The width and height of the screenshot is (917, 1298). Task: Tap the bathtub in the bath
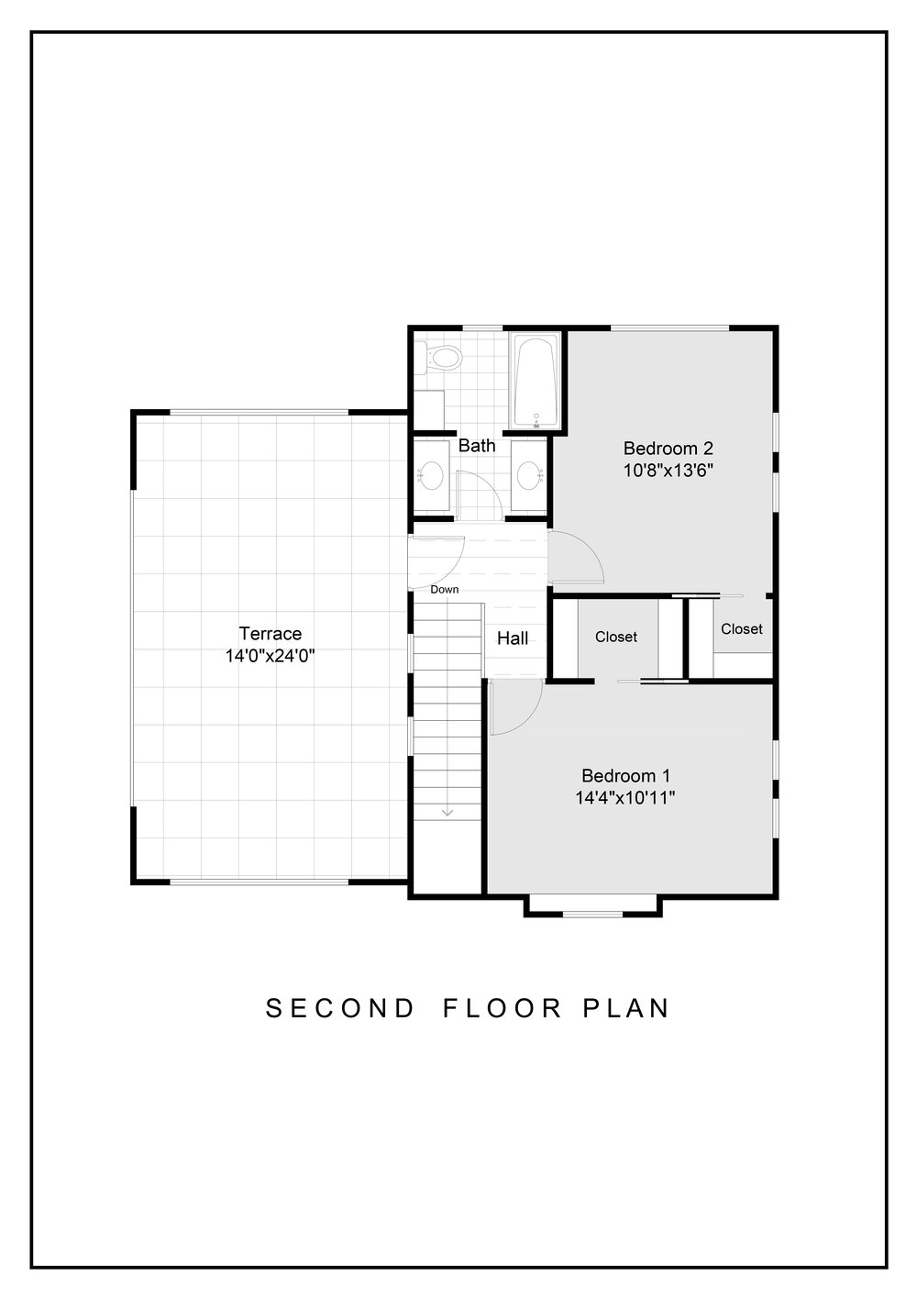(536, 382)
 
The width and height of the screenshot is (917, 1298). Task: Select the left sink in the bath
(430, 476)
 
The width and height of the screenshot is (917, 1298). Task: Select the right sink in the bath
(529, 476)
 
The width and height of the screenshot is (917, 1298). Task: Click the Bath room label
(477, 446)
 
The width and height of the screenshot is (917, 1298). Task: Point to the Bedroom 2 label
(668, 448)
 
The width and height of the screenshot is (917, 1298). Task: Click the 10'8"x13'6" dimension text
(668, 470)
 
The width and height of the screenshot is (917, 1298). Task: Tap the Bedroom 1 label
(625, 775)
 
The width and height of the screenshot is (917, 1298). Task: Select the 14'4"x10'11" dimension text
(625, 798)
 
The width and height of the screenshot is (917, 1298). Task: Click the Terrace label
(271, 633)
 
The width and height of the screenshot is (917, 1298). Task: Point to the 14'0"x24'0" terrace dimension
(270, 656)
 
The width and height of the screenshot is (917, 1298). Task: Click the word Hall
(513, 638)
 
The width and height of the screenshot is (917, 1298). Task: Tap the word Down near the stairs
(445, 589)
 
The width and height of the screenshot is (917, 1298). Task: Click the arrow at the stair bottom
(447, 813)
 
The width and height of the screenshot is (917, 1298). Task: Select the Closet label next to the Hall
(616, 637)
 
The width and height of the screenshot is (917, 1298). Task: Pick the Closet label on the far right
(742, 628)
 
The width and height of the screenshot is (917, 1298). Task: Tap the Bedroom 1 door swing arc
(529, 718)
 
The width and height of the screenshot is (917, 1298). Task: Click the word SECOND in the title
(340, 1008)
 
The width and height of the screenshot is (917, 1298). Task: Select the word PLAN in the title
(626, 1008)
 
